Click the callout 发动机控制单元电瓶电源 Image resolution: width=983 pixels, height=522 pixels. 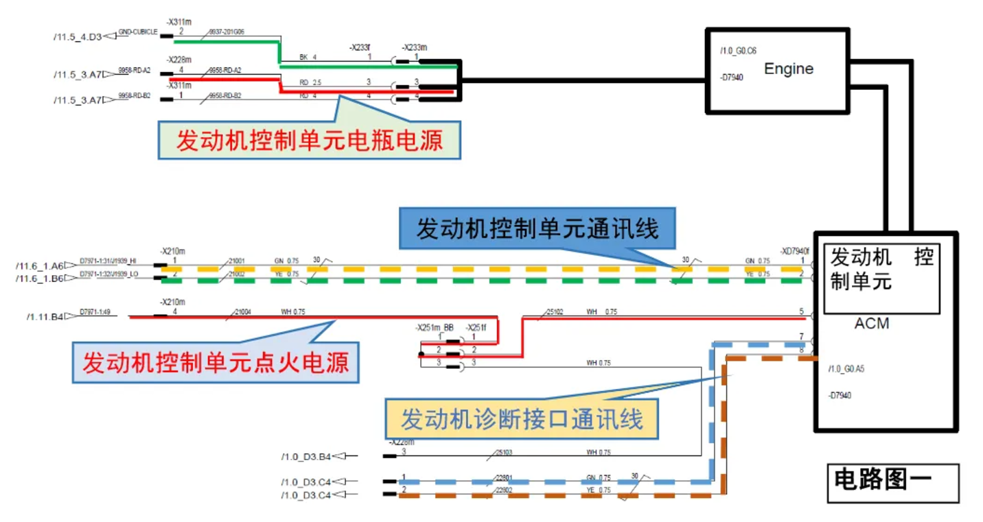pos(309,141)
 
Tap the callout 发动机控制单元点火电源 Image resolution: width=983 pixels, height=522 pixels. pos(216,361)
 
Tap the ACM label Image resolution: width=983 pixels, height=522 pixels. pos(872,323)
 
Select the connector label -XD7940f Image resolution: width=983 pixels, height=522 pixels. pos(796,250)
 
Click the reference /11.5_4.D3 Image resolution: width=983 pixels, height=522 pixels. pos(77,36)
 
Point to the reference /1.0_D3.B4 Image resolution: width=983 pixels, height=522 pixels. pos(305,456)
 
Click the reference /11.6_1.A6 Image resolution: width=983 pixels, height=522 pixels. pos(39,265)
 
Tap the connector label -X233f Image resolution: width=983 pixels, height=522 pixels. pos(360,47)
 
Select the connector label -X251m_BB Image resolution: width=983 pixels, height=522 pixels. pos(434,328)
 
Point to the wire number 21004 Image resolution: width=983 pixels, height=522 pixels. pos(243,312)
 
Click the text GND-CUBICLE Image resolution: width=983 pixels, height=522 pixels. pos(138,32)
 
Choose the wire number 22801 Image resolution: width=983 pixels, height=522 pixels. pos(504,478)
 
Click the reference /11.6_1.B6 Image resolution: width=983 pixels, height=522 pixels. pos(39,278)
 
